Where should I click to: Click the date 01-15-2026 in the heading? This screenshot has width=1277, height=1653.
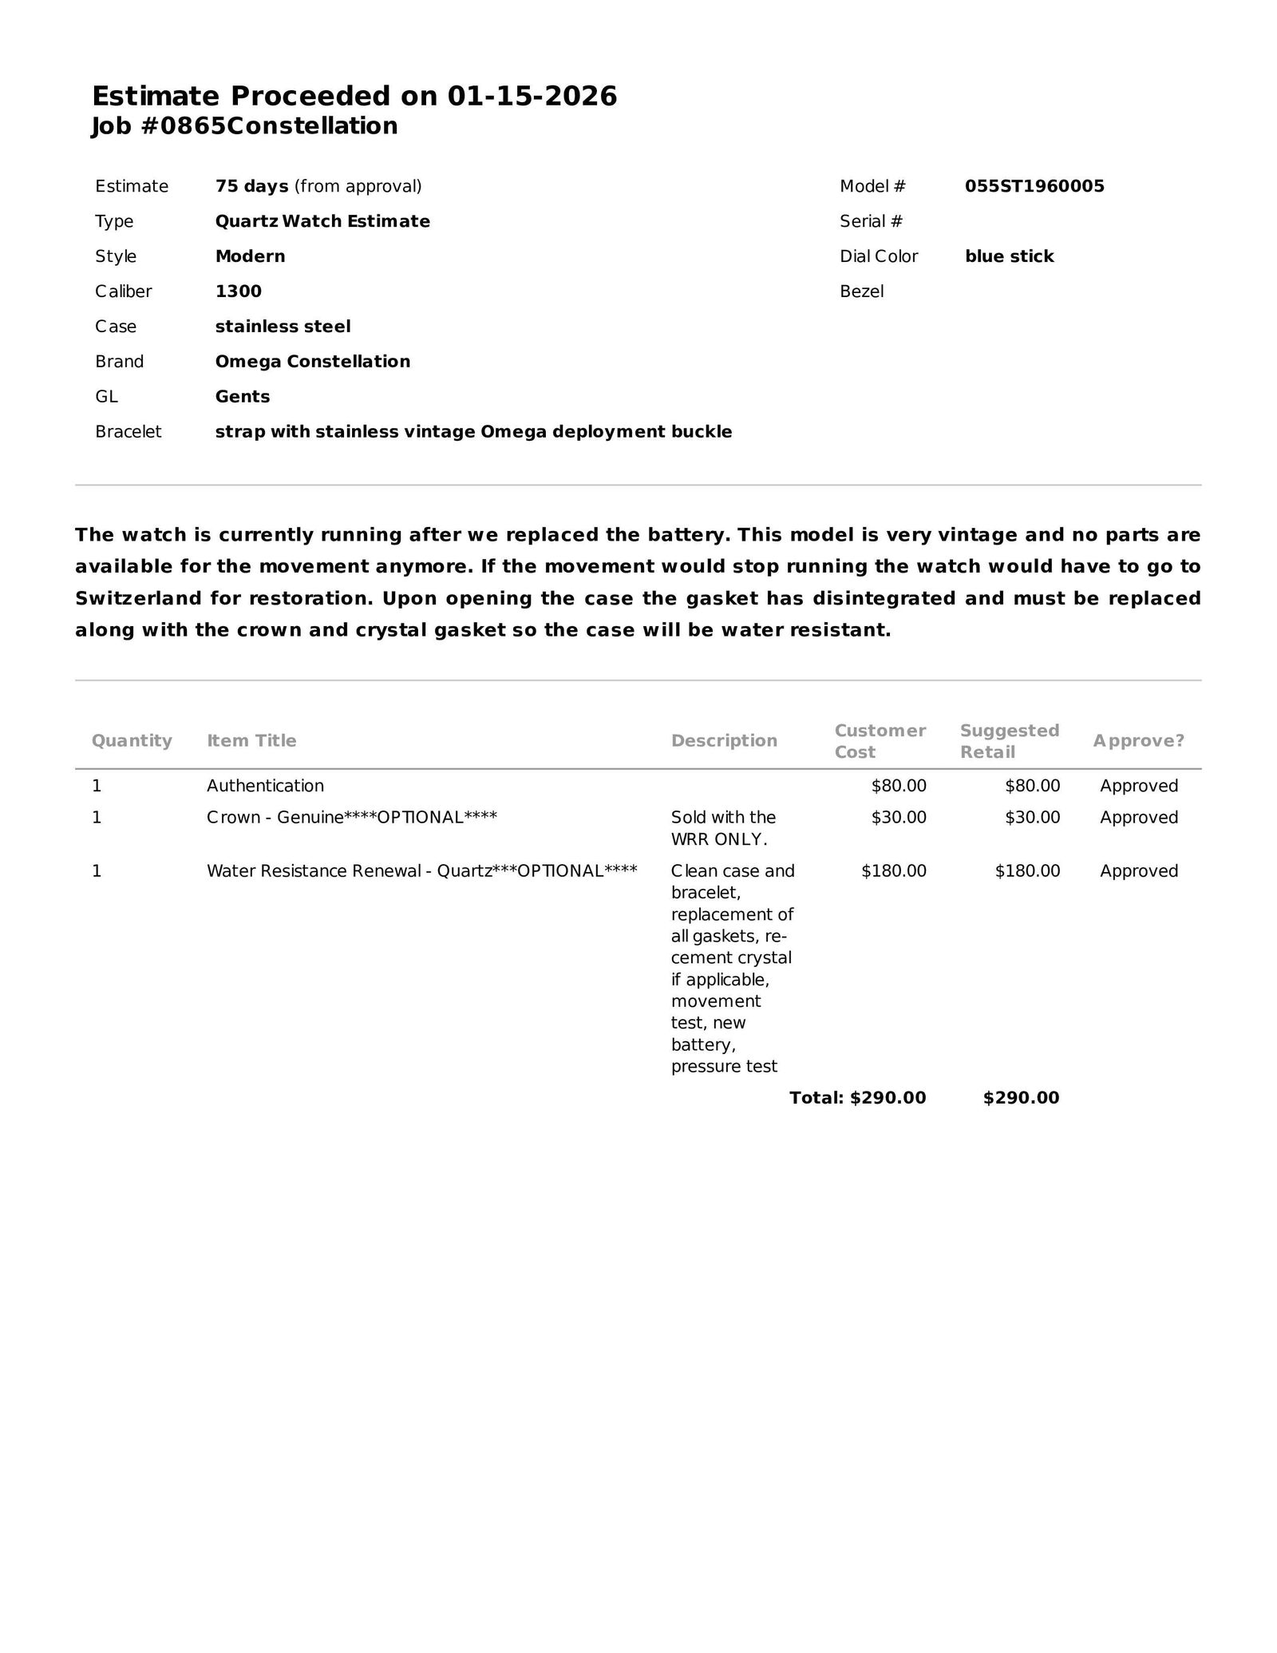(532, 97)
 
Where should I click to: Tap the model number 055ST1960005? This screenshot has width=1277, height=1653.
(1034, 186)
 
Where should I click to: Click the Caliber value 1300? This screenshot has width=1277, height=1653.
(238, 291)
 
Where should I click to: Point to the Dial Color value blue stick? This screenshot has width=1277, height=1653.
(1009, 256)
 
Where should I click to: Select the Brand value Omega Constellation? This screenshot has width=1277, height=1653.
(312, 362)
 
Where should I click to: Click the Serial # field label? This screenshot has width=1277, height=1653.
(871, 221)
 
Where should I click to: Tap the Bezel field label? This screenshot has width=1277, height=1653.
(861, 291)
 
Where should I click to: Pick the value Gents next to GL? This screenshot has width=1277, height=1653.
(243, 397)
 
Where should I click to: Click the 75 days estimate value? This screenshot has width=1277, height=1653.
(251, 186)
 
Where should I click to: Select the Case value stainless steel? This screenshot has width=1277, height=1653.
(283, 327)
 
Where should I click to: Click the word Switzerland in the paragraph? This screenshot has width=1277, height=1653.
(136, 598)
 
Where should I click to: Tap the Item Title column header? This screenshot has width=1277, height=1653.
(251, 741)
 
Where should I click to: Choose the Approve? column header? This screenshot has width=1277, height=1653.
(1138, 741)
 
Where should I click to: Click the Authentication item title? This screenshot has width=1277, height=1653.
(265, 786)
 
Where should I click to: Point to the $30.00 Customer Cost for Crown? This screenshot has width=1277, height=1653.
(899, 818)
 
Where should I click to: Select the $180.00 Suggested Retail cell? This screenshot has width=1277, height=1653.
(1027, 871)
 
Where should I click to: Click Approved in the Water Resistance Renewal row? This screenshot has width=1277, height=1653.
(1138, 871)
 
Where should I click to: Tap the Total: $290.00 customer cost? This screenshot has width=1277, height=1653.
(857, 1098)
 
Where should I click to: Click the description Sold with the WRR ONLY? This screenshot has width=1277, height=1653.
(723, 828)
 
